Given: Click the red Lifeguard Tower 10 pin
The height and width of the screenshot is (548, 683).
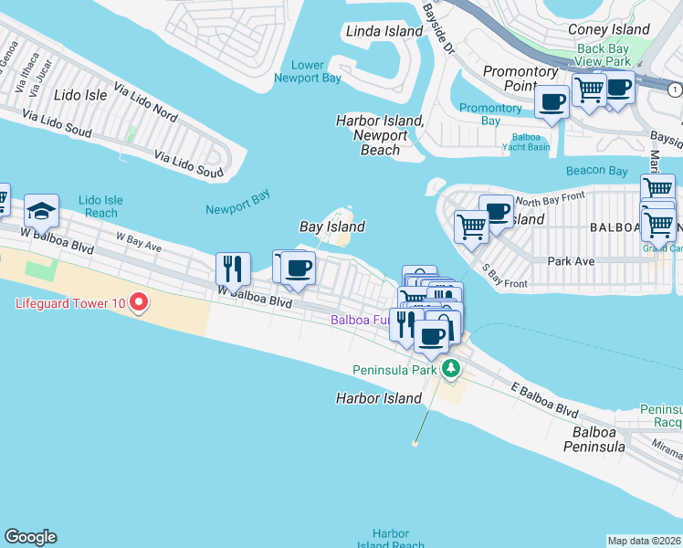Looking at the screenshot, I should pyautogui.click(x=139, y=300).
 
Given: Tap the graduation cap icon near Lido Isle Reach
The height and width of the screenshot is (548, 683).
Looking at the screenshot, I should pyautogui.click(x=41, y=211).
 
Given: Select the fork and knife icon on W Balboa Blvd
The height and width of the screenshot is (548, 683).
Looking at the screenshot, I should pyautogui.click(x=233, y=268).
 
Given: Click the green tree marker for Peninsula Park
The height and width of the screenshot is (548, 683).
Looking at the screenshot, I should pyautogui.click(x=450, y=369).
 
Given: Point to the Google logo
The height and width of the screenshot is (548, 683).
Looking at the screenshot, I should pyautogui.click(x=30, y=537).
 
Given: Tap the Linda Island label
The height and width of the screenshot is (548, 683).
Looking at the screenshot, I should pyautogui.click(x=384, y=31).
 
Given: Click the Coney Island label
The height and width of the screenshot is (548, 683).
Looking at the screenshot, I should pyautogui.click(x=608, y=29).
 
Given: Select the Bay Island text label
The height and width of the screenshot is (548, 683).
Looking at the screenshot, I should pyautogui.click(x=333, y=227).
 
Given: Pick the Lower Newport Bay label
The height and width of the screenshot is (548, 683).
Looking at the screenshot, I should pyautogui.click(x=308, y=71).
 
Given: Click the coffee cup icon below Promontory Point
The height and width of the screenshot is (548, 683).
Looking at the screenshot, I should pyautogui.click(x=552, y=101).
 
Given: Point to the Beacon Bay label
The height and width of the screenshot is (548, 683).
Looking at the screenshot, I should pyautogui.click(x=596, y=171).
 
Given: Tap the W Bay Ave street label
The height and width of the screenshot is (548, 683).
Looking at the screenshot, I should pyautogui.click(x=139, y=241).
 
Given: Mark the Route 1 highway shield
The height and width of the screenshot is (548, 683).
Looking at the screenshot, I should pyautogui.click(x=674, y=89).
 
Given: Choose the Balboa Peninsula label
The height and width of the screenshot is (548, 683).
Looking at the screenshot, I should pyautogui.click(x=599, y=438).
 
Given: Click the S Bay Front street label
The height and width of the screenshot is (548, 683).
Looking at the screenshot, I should pyautogui.click(x=503, y=277).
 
